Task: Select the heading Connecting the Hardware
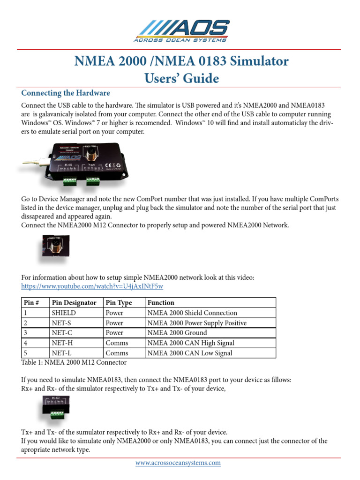coord(66,93)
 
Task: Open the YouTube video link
coord(92,286)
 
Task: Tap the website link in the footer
coord(178,463)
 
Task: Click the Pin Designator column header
coord(74,303)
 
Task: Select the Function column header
coord(161,303)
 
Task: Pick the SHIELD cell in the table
coord(64,313)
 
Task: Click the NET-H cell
coord(61,343)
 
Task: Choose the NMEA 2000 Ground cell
coord(177,333)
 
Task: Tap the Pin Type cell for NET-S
coord(114,323)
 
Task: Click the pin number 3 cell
coord(26,333)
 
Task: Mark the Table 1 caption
coord(74,362)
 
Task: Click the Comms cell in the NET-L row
coord(114,353)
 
